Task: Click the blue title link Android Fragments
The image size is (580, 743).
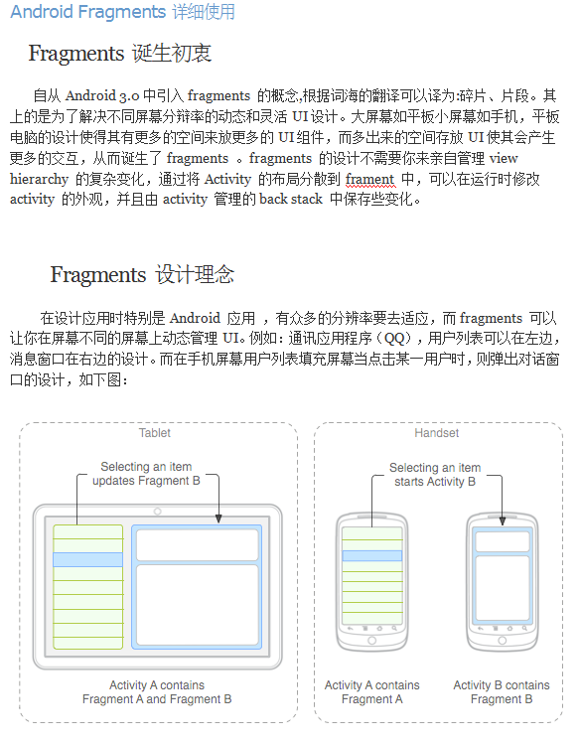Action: point(87,13)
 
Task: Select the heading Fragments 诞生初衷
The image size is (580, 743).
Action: point(119,54)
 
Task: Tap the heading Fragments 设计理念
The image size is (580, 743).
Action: point(142,275)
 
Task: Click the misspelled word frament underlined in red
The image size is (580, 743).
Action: point(370,179)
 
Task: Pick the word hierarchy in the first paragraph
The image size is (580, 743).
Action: point(40,180)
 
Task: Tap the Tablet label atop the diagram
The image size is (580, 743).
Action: point(155,433)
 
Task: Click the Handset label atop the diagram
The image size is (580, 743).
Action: point(436,433)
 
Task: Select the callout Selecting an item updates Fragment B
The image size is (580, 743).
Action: point(146,474)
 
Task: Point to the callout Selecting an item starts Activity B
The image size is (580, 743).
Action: point(435,475)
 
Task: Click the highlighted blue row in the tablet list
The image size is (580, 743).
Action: point(87,560)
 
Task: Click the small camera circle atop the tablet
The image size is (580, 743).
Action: point(157,512)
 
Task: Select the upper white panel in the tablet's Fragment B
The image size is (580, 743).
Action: point(196,544)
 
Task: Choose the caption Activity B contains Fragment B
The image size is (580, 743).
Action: point(501,692)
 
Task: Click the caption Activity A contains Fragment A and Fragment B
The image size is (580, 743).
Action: point(157,692)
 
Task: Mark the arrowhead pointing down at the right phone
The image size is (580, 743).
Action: point(502,519)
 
